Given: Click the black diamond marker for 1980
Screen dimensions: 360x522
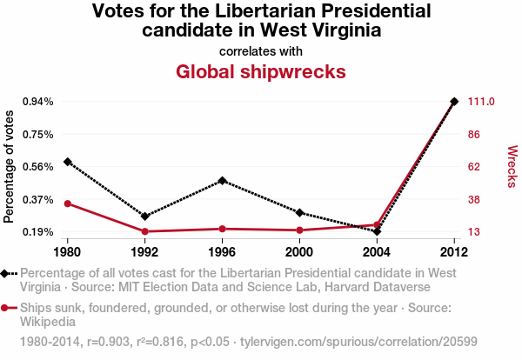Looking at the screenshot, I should [x=67, y=162].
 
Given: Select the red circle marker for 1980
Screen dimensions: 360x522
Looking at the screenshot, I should [x=67, y=203].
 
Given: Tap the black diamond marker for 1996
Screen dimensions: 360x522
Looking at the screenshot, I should [x=223, y=181].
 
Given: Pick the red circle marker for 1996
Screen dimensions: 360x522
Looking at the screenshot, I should [x=223, y=229].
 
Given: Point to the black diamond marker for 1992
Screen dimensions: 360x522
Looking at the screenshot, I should [x=144, y=216].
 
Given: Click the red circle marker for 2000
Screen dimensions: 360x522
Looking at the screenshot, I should [x=299, y=230].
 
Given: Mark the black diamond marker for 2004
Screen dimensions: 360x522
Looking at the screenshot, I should [x=377, y=231].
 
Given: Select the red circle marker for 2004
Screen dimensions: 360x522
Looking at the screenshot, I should [x=377, y=225].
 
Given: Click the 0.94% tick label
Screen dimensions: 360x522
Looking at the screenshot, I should [x=37, y=102].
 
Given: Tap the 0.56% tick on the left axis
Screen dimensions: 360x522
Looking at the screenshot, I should [x=37, y=167].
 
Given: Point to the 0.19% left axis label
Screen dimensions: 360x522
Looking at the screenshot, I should [x=37, y=232].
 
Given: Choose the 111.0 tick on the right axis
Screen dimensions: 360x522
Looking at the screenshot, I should [x=481, y=102].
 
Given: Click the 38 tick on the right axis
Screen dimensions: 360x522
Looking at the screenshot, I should [x=474, y=199].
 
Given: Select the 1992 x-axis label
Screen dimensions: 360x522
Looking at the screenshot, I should [x=144, y=252].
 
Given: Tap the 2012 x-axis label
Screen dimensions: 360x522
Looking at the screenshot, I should [x=454, y=252].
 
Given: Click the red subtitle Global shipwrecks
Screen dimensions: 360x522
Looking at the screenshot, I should [x=261, y=71].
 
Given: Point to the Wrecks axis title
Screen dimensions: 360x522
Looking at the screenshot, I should [x=512, y=166].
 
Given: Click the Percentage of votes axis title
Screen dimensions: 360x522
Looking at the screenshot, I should [x=10, y=166].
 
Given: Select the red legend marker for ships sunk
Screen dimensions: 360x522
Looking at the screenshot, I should [x=6, y=308].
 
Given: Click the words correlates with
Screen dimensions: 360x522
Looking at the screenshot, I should [x=261, y=51].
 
